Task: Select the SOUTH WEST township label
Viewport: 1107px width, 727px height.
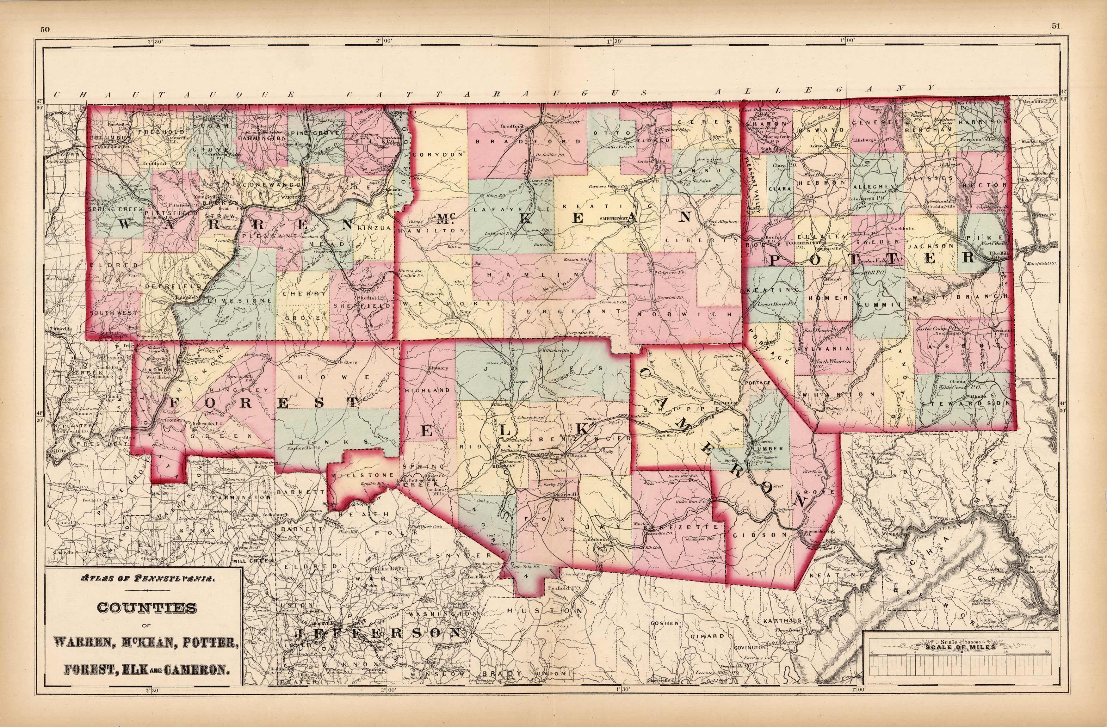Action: click(x=114, y=313)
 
